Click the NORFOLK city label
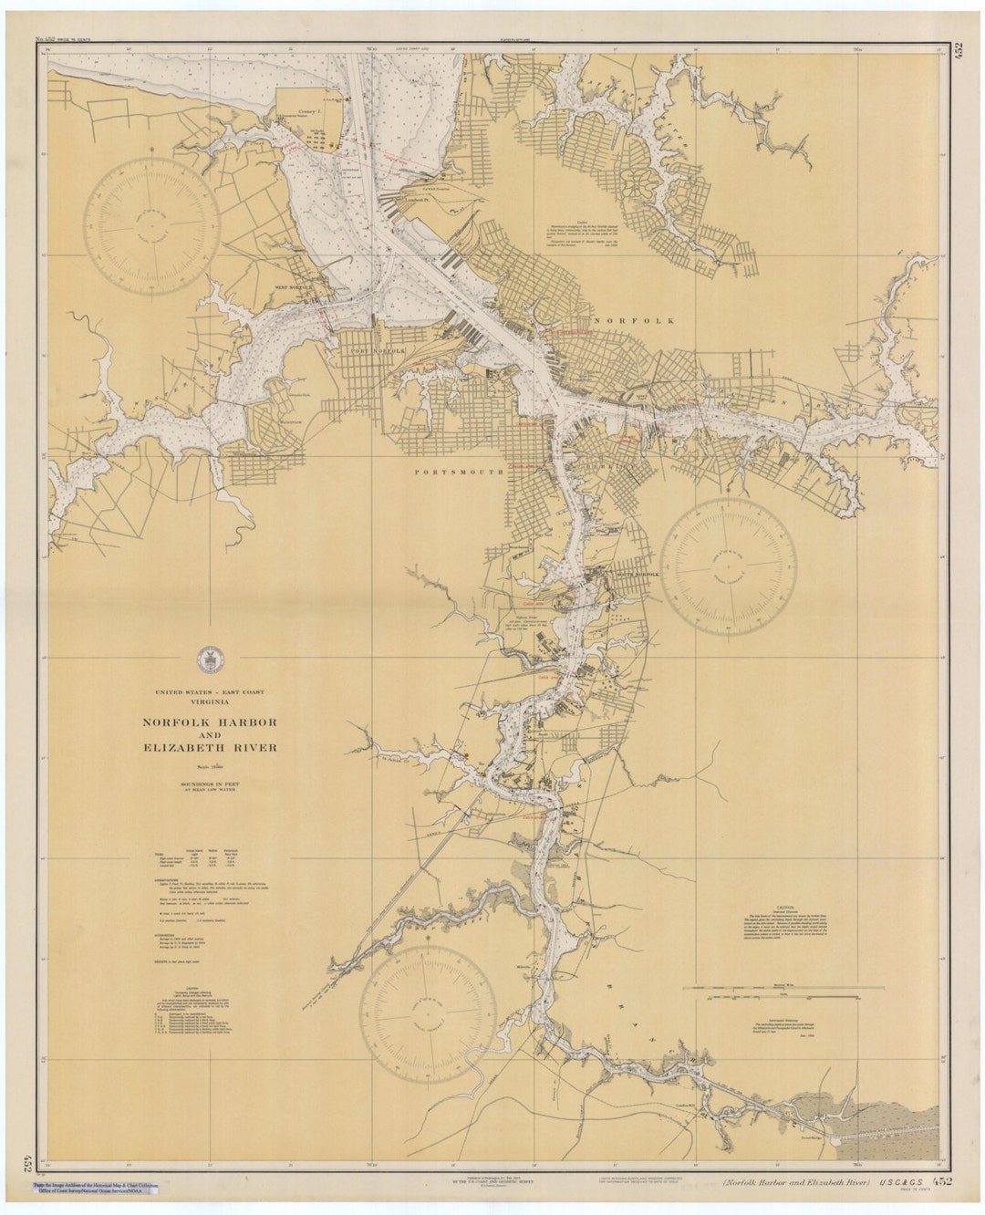tap(635, 321)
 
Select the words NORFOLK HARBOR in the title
tap(209, 722)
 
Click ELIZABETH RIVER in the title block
tap(209, 748)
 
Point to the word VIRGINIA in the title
tap(209, 702)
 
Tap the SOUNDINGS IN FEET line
tap(209, 784)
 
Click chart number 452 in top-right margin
tap(957, 51)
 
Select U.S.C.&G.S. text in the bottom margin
tap(900, 1182)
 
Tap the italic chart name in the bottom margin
tap(796, 1183)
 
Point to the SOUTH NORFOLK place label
tap(636, 575)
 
